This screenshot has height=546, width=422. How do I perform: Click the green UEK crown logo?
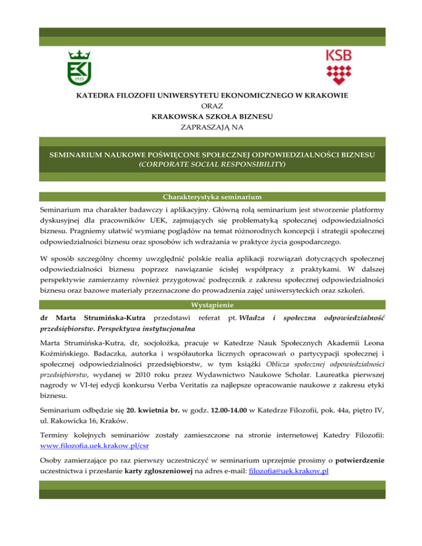[x=79, y=68]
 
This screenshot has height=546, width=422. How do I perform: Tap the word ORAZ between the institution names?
[x=212, y=105]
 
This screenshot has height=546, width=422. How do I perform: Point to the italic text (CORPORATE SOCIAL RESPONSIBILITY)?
[x=211, y=164]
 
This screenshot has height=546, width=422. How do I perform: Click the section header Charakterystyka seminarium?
[x=211, y=197]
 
